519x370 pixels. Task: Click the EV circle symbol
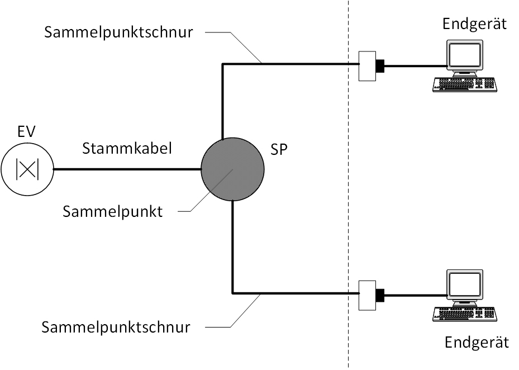pos(27,169)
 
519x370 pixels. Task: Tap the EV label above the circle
pos(27,132)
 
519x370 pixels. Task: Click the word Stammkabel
pos(127,149)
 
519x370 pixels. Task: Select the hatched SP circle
pos(232,169)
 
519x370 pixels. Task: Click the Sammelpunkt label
pos(112,212)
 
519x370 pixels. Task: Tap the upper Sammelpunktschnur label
pos(118,32)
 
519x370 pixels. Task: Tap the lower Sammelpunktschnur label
pos(116,326)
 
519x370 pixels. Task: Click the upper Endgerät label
pos(474,24)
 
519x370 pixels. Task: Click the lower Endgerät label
pos(477,342)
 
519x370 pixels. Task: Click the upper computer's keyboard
pos(465,84)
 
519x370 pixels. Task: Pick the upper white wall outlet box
pos(366,67)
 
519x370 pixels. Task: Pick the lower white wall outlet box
pos(366,294)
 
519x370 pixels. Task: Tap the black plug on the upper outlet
pos(380,67)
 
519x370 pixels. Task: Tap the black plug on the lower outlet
pos(380,294)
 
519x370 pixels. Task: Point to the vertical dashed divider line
pos(349,184)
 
